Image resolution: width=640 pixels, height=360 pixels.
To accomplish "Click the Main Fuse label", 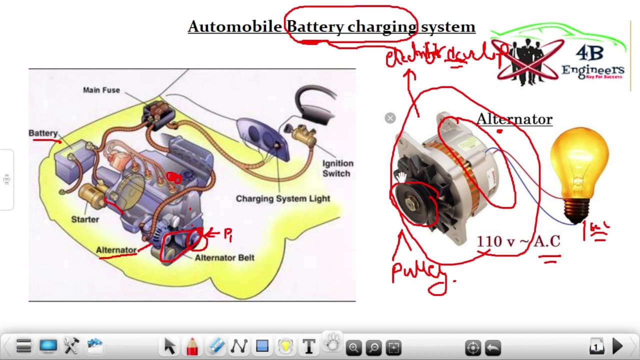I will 101,90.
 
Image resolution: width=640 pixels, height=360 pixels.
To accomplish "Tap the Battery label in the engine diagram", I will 43,133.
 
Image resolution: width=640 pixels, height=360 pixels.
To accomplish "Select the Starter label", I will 85,219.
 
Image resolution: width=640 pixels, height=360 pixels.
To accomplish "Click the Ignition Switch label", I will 337,168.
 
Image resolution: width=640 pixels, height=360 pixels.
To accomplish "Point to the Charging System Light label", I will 283,198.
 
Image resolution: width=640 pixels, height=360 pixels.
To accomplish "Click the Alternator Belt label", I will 224,258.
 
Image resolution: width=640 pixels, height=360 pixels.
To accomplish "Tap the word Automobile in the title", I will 235,26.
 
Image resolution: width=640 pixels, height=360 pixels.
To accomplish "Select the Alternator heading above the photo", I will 514,119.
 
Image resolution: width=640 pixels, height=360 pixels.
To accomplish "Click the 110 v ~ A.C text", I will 518,241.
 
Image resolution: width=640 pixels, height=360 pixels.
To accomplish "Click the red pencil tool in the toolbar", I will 192,346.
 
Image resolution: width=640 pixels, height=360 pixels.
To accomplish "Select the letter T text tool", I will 309,346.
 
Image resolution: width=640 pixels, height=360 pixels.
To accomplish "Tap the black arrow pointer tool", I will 169,346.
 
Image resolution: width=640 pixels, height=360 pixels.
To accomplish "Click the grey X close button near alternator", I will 390,118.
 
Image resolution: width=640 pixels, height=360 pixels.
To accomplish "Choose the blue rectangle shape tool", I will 262,346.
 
